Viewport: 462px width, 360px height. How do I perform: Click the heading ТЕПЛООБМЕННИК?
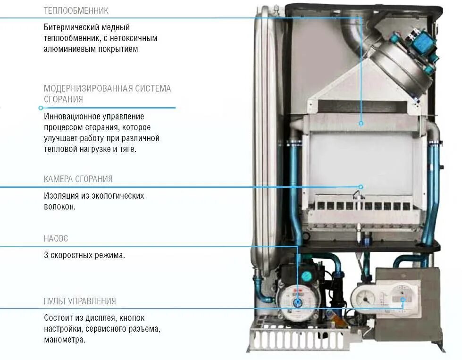[76, 10]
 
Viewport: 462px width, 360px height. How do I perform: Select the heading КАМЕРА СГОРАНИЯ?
[78, 179]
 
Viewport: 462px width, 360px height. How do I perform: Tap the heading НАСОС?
[56, 239]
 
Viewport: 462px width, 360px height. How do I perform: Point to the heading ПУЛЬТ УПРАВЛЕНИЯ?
[80, 301]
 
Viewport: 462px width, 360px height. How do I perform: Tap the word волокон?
[60, 207]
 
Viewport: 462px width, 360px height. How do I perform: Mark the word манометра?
[65, 339]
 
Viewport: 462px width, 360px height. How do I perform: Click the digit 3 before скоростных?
[46, 256]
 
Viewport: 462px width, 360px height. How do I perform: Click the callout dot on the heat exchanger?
[361, 124]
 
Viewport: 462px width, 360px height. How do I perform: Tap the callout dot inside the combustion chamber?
[361, 187]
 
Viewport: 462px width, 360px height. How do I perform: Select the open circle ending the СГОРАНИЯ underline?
[41, 108]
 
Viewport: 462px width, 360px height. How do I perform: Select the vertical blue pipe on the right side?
[432, 189]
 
